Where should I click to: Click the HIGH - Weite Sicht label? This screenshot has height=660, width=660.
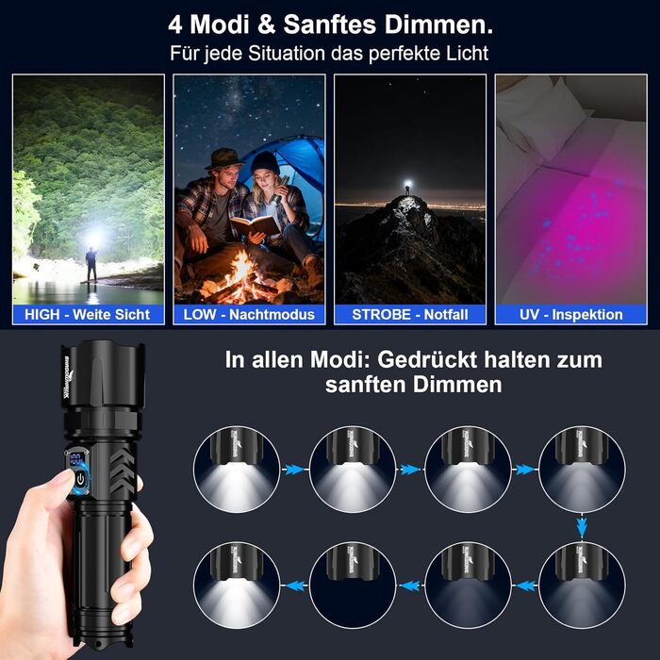tap(88, 314)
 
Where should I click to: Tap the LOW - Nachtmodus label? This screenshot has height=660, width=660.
tap(249, 314)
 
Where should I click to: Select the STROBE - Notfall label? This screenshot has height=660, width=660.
tap(409, 314)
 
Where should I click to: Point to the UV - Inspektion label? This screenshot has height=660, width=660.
tap(570, 314)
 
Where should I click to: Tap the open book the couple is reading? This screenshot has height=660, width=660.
tap(256, 225)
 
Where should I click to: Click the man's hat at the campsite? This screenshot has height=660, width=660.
tap(223, 158)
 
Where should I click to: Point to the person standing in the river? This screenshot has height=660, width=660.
tap(91, 265)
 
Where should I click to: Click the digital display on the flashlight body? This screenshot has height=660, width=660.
tap(74, 461)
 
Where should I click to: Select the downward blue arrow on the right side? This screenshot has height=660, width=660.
tap(582, 524)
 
